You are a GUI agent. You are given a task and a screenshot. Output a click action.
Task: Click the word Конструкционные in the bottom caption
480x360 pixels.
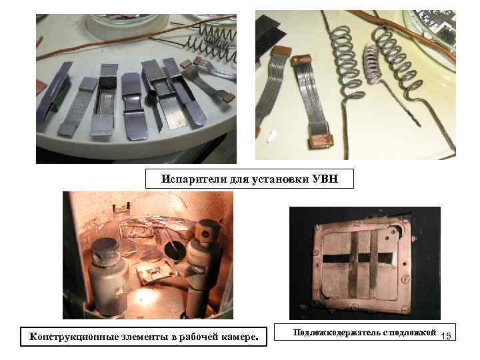(73, 337)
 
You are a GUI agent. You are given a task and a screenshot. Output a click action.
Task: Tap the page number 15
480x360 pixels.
(446, 336)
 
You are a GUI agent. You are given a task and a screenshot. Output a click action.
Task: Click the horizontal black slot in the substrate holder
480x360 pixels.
(357, 259)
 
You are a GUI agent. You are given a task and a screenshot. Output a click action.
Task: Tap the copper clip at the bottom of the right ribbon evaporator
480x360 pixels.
(321, 141)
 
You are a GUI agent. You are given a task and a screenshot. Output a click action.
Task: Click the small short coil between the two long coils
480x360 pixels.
(372, 64)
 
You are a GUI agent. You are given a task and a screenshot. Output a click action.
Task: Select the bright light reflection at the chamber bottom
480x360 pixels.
(145, 296)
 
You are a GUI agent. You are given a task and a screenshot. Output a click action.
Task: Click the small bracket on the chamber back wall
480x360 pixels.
(121, 207)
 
